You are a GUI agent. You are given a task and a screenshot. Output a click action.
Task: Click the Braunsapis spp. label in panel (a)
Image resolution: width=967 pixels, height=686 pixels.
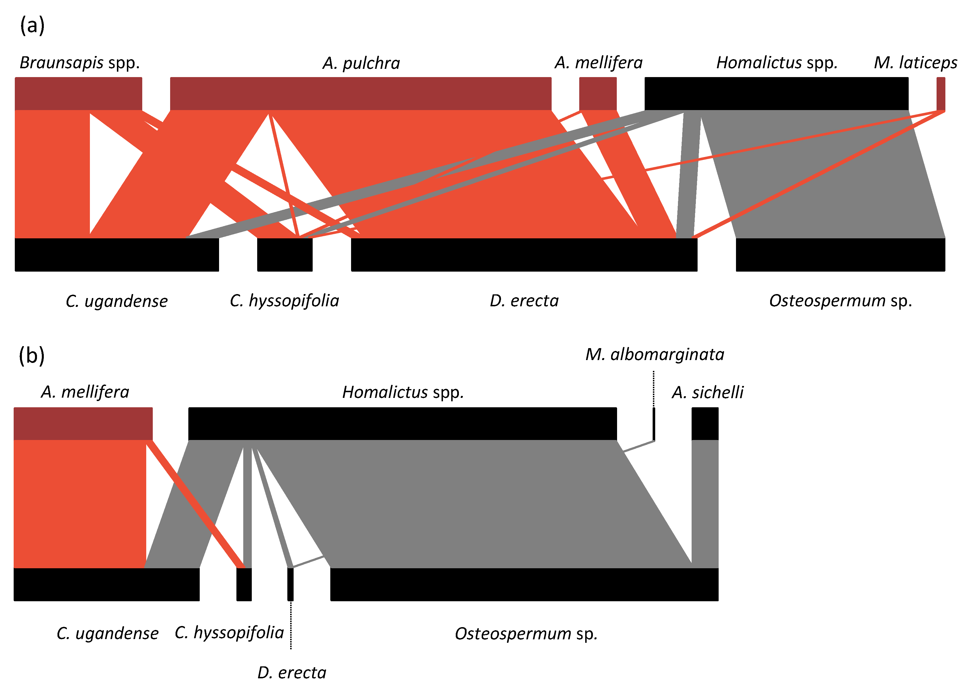[79, 63]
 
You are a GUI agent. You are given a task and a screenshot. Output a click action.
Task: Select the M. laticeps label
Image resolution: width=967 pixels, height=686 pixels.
[915, 63]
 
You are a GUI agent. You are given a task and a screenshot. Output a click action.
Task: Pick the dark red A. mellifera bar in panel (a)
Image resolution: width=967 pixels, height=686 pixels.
[597, 93]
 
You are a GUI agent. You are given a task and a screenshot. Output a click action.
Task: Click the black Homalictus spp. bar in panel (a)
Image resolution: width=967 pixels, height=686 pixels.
[776, 93]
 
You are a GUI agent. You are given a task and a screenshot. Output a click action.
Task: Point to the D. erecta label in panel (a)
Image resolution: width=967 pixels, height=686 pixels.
[524, 301]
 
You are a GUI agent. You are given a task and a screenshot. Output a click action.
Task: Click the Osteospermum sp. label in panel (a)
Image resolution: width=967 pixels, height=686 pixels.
[840, 301]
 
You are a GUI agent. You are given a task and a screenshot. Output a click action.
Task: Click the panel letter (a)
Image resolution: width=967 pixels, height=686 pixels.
[32, 25]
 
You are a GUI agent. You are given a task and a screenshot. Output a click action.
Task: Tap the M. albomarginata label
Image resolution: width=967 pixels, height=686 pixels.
[654, 354]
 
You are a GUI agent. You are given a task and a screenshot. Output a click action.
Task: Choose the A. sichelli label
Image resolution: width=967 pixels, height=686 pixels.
[707, 392]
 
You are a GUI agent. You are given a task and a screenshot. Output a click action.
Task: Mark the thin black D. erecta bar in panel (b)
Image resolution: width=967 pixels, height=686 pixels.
[290, 584]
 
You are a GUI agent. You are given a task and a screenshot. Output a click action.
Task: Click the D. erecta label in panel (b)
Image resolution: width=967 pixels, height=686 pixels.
[292, 672]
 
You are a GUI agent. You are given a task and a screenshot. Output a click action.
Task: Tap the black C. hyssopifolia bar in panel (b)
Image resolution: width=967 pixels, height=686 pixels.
[244, 584]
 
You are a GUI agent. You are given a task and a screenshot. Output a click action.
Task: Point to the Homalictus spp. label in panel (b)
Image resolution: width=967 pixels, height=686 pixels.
[403, 392]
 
